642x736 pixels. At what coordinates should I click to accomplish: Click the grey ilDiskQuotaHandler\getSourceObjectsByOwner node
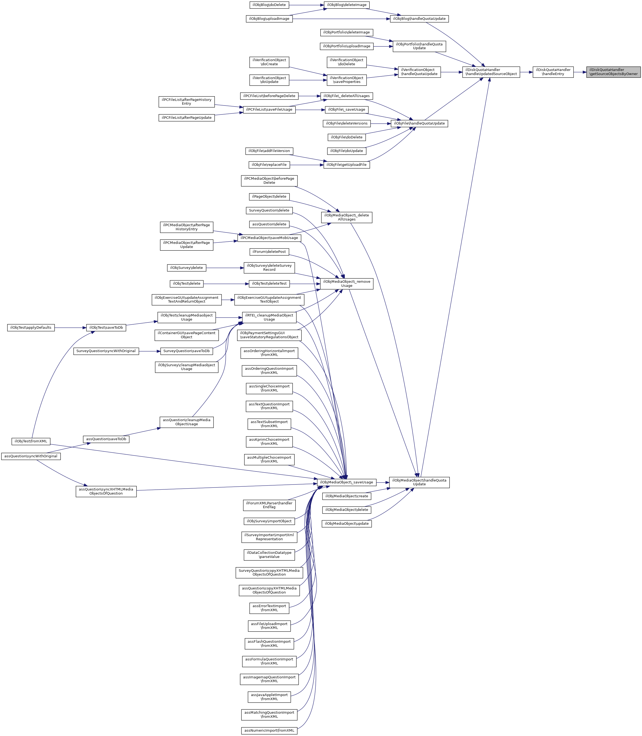(x=613, y=72)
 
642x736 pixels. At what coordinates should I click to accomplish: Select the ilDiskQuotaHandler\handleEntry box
(x=553, y=72)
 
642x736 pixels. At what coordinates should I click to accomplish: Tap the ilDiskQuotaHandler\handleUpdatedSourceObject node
(x=491, y=72)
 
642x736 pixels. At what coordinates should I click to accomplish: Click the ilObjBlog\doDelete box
(x=269, y=5)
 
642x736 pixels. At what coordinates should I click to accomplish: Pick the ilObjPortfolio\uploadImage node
(x=346, y=46)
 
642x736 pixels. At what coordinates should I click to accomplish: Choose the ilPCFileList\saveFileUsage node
(x=269, y=110)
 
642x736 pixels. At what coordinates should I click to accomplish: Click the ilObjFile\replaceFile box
(x=269, y=165)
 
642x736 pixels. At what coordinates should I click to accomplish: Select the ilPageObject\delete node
(x=269, y=197)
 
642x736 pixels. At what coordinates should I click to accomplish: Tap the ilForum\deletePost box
(x=269, y=252)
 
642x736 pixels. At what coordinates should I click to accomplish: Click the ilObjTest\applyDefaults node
(x=31, y=328)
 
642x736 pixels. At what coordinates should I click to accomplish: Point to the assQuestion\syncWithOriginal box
(x=31, y=456)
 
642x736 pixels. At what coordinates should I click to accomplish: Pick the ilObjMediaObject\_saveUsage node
(x=346, y=482)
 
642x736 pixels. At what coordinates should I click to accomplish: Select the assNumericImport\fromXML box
(x=269, y=731)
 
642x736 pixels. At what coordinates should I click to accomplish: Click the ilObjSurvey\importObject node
(x=269, y=521)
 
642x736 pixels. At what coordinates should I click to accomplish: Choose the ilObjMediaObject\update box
(x=346, y=524)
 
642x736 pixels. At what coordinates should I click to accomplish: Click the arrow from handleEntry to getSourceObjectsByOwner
(x=580, y=72)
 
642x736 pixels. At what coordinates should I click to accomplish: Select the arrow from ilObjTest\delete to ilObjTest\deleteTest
(x=226, y=284)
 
